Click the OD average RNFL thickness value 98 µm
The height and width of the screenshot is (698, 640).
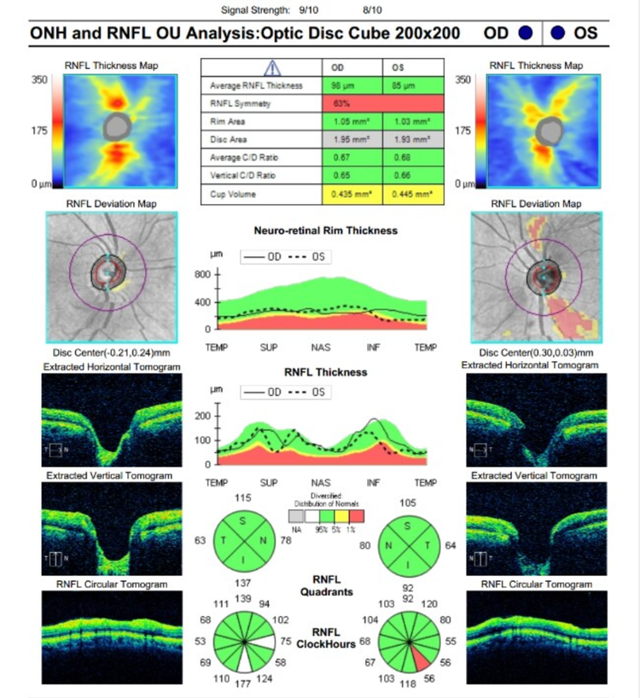click(338, 86)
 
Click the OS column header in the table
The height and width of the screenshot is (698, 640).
click(397, 67)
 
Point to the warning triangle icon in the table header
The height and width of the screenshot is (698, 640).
click(271, 67)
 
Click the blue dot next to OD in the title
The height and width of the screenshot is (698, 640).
click(525, 33)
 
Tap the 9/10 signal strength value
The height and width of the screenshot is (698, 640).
click(304, 10)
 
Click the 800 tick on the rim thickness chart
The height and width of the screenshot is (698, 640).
click(201, 275)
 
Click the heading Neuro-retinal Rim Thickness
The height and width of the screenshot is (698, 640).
click(325, 230)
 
